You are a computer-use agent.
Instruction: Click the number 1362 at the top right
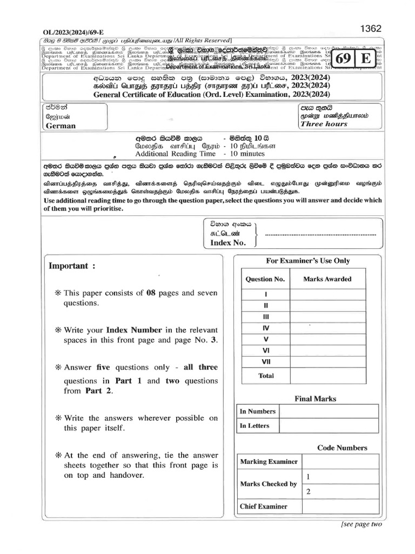point(385,29)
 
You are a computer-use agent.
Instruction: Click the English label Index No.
point(228,243)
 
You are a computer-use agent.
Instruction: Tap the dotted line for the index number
point(321,235)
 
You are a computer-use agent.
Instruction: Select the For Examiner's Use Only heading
point(308,261)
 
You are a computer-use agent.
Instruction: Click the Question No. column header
point(265,279)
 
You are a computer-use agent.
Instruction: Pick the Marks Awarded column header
point(327,279)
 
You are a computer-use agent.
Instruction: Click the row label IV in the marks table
point(265,328)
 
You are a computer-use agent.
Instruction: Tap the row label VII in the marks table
point(265,361)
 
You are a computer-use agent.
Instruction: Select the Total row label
point(266,375)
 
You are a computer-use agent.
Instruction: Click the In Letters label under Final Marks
point(255,426)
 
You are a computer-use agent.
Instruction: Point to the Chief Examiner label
point(264,506)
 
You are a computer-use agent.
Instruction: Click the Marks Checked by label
point(268,484)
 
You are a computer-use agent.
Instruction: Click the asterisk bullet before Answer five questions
point(58,367)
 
